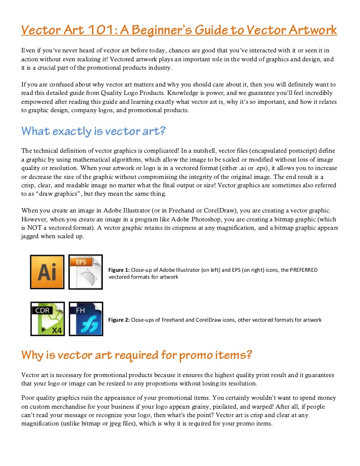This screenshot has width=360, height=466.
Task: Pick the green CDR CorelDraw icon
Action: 47,319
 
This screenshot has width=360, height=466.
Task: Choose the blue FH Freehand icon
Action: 86,319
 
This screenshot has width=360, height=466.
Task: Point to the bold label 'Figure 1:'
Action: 119,270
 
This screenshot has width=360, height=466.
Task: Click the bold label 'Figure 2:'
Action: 119,320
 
